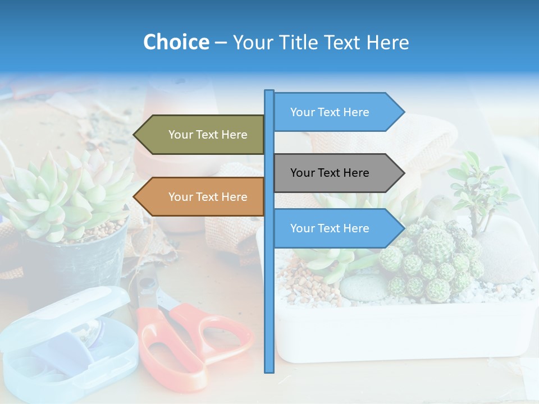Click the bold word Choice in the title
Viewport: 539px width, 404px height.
pyautogui.click(x=176, y=42)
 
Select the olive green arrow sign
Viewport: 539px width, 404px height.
pyautogui.click(x=202, y=135)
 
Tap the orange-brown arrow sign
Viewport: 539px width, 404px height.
pyautogui.click(x=202, y=197)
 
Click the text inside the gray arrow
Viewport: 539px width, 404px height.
pyautogui.click(x=330, y=173)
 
